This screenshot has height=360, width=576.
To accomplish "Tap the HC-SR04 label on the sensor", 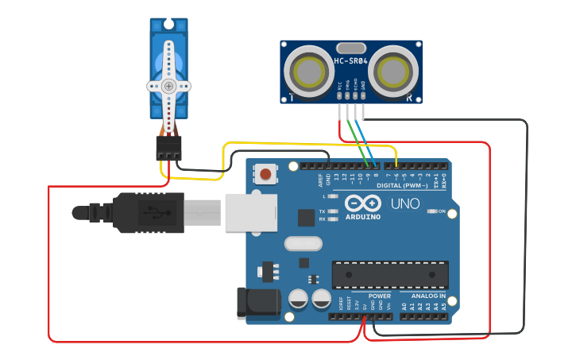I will (x=350, y=61).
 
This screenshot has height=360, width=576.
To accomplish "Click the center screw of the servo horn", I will (x=168, y=86).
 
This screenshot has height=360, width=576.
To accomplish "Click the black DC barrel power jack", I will (x=258, y=303).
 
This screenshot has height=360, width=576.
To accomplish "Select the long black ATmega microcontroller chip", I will (x=390, y=274).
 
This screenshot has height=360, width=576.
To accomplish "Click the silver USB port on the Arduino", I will (x=249, y=213).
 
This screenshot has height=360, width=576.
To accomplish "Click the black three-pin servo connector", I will (x=168, y=147).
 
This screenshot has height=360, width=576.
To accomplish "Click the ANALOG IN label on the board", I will (x=428, y=296).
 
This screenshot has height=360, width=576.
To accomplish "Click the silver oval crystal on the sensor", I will (x=351, y=48).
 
